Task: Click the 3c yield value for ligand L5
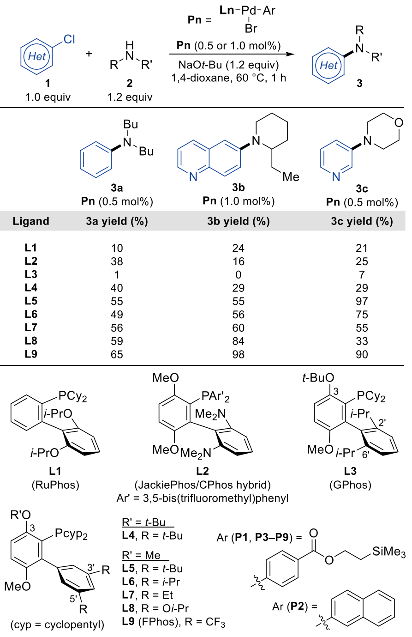click(x=361, y=301)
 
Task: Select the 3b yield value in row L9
click(x=238, y=354)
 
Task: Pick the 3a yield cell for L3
click(x=117, y=275)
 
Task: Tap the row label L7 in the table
click(x=30, y=328)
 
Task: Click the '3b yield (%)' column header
click(x=238, y=221)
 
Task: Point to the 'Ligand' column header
click(x=31, y=221)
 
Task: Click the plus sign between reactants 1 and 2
click(x=89, y=53)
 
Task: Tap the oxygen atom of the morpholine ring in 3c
click(x=399, y=123)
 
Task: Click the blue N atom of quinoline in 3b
click(x=193, y=177)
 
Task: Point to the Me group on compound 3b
click(x=291, y=177)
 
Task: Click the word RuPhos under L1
click(x=55, y=485)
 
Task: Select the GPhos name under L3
click(x=350, y=485)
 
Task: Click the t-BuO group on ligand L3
click(x=318, y=378)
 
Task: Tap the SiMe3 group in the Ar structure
click(x=388, y=552)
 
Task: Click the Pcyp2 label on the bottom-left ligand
click(x=71, y=534)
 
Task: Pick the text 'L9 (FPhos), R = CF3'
click(x=173, y=622)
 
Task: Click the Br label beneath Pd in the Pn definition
click(x=251, y=29)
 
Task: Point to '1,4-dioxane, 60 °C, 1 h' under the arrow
click(x=228, y=78)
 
